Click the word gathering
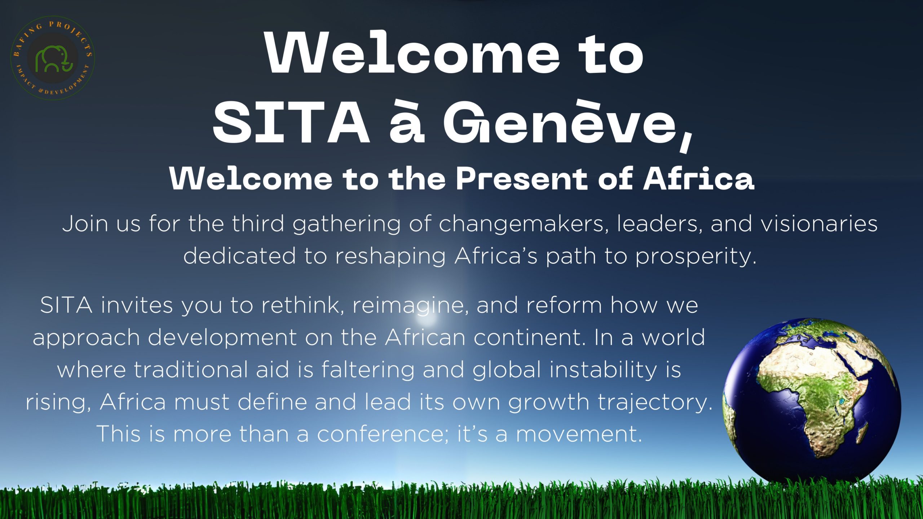coord(346,225)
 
